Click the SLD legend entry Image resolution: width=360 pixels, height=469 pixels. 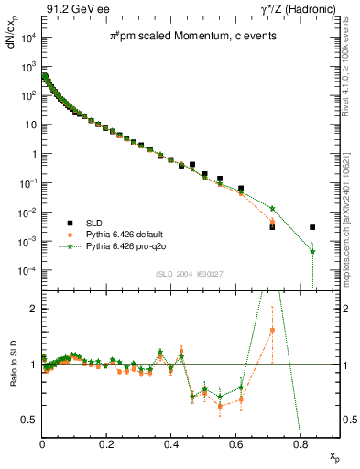click(94, 223)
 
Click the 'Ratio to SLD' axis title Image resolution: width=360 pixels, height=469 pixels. click(13, 376)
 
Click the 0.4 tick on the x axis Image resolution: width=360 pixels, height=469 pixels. click(171, 442)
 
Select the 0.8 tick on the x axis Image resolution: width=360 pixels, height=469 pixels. click(300, 442)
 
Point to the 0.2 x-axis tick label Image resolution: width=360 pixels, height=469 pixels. click(107, 442)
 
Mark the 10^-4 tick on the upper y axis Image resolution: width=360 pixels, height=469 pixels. click(28, 271)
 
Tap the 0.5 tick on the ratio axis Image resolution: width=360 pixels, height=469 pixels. click(31, 420)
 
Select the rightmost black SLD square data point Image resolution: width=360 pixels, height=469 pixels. click(312, 227)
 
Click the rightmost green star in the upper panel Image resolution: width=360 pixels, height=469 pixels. click(312, 251)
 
